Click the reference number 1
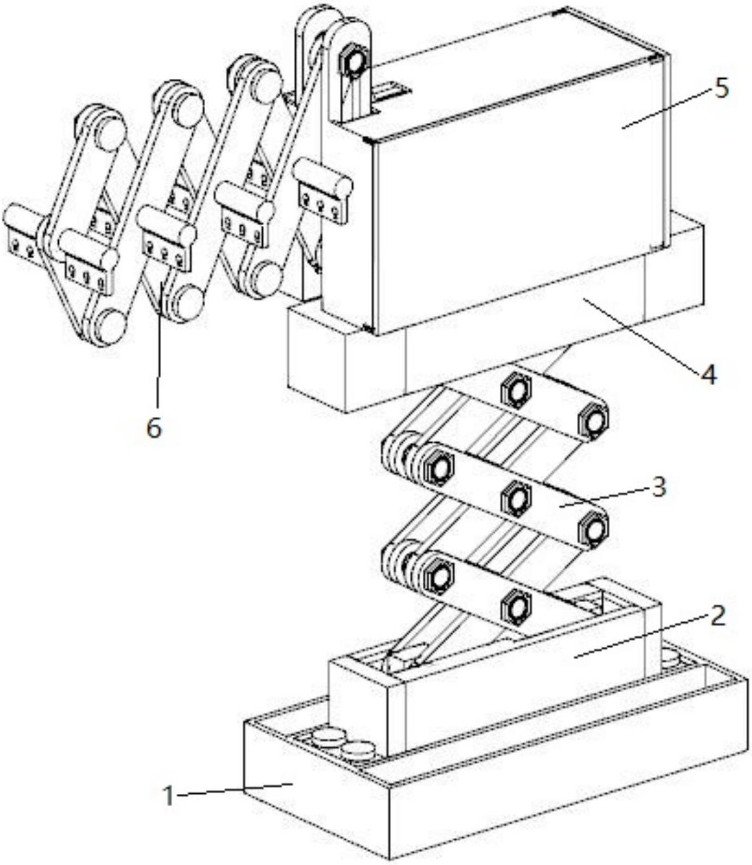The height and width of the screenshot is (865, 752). pyautogui.click(x=169, y=797)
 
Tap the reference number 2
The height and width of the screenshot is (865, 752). pyautogui.click(x=718, y=616)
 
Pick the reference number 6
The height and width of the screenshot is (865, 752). pyautogui.click(x=154, y=428)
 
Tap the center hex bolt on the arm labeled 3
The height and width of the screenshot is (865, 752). pyautogui.click(x=516, y=499)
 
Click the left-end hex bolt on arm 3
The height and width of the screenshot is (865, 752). pyautogui.click(x=439, y=468)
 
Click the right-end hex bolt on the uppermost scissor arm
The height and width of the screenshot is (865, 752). pyautogui.click(x=593, y=419)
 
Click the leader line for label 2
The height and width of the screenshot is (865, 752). pyautogui.click(x=641, y=635)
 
